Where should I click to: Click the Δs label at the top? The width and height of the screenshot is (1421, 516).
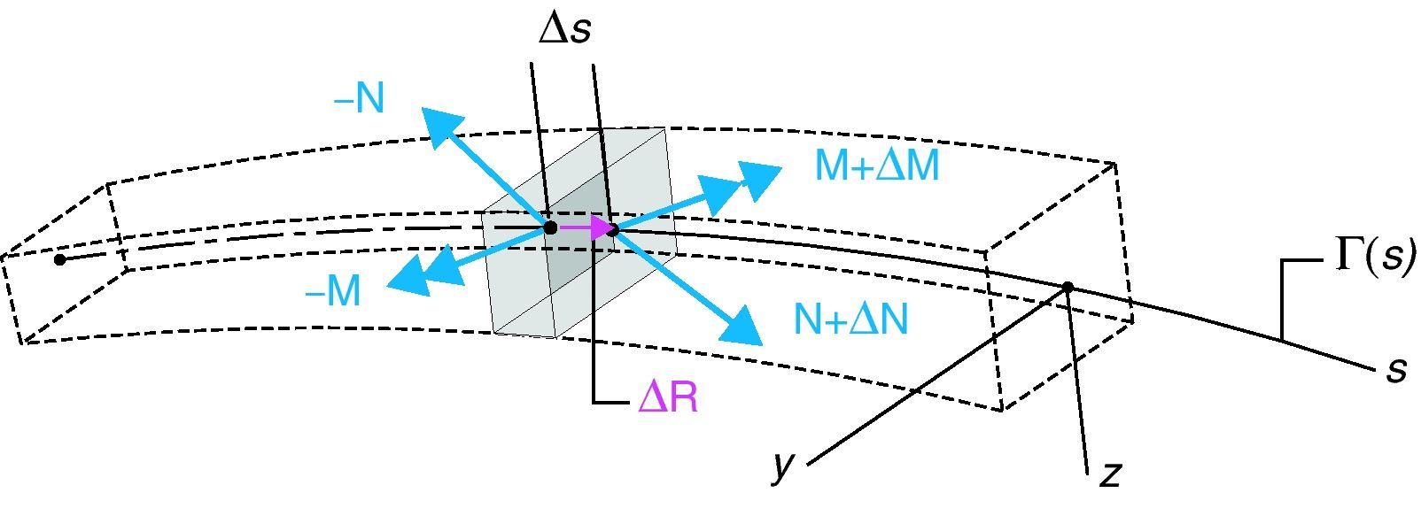click(x=564, y=30)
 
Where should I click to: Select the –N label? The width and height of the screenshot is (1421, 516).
click(x=360, y=100)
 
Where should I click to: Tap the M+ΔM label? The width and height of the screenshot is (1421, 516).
click(x=876, y=166)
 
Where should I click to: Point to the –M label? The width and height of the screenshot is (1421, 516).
click(x=333, y=291)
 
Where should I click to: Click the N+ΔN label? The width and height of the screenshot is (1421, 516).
click(x=851, y=320)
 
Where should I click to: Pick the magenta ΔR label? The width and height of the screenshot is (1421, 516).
click(x=668, y=399)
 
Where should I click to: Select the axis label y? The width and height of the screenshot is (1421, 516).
click(x=781, y=466)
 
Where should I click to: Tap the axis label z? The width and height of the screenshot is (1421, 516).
click(x=1110, y=474)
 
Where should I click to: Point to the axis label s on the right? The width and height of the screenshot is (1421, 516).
click(x=1396, y=370)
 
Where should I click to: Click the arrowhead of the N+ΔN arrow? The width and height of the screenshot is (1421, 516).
click(x=741, y=326)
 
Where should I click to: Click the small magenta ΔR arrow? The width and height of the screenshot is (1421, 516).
click(x=586, y=228)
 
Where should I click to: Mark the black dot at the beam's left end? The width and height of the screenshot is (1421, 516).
click(x=59, y=259)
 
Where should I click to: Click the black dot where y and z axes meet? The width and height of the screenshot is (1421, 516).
click(x=1068, y=287)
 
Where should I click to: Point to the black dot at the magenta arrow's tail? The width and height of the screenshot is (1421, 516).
click(x=550, y=227)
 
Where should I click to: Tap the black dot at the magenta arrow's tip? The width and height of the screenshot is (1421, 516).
click(x=613, y=230)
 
